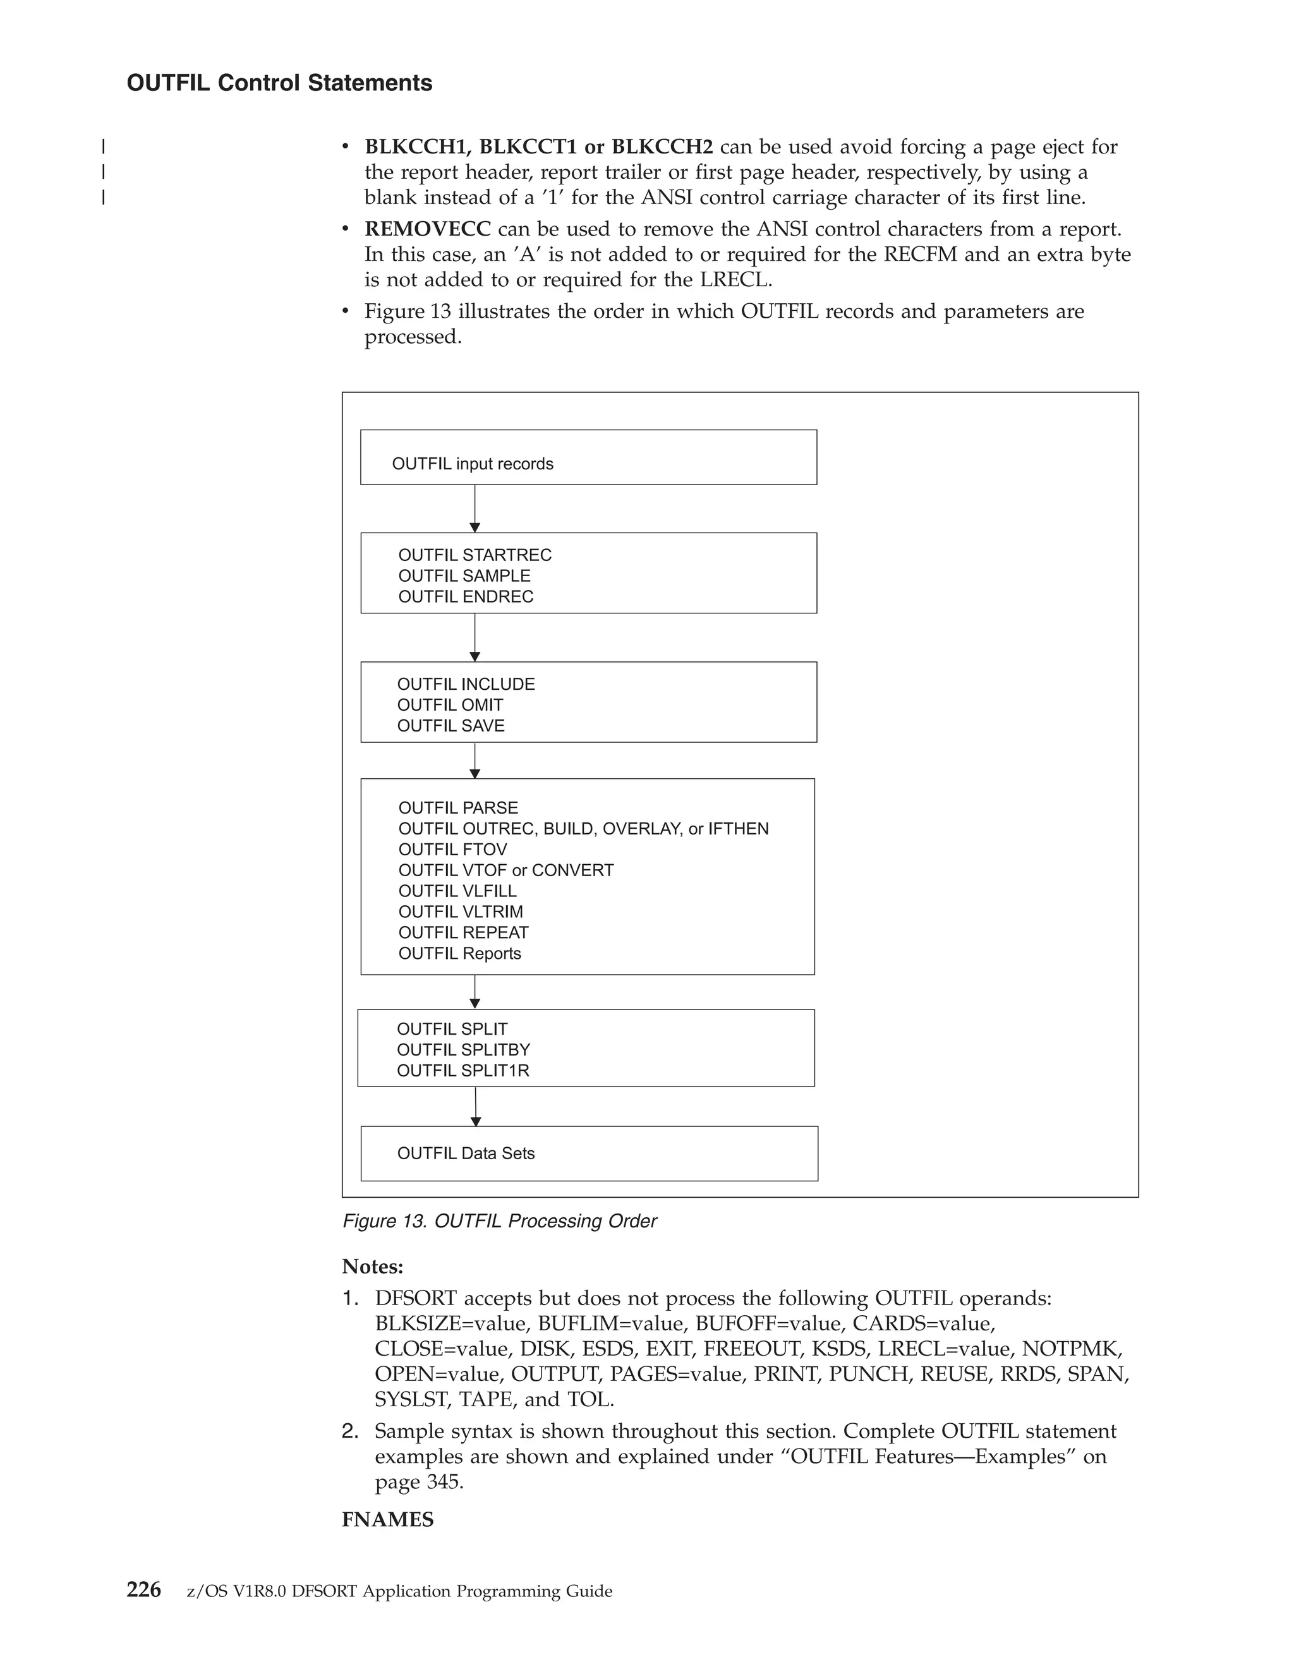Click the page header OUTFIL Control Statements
click(x=279, y=83)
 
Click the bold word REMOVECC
click(x=427, y=229)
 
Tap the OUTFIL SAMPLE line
click(x=464, y=575)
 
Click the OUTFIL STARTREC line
click(x=475, y=555)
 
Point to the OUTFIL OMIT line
click(x=450, y=704)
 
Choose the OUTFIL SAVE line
click(x=450, y=725)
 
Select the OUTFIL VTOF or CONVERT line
click(x=506, y=870)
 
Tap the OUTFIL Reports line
click(x=459, y=953)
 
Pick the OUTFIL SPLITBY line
click(x=463, y=1049)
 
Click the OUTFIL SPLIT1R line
click(x=463, y=1070)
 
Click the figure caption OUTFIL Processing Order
click(x=499, y=1221)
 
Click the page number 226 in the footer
click(x=144, y=1590)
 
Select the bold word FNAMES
click(x=387, y=1519)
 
